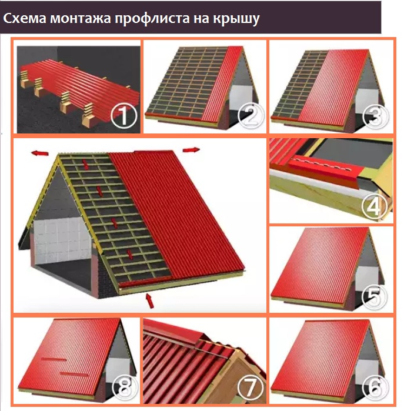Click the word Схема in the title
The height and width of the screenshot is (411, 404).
(x=25, y=18)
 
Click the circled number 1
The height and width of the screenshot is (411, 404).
(x=123, y=116)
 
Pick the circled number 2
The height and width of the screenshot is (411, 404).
(x=251, y=116)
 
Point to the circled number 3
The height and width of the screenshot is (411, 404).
(x=376, y=116)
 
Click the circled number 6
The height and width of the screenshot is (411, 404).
(x=375, y=389)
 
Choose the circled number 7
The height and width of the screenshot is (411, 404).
(x=250, y=389)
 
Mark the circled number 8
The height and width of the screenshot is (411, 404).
(x=125, y=389)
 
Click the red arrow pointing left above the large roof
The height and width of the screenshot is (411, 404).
(x=39, y=153)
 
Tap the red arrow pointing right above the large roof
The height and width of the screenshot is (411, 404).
(x=191, y=150)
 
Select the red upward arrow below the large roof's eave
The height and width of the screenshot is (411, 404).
(x=150, y=301)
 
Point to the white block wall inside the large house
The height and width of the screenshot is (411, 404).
(x=63, y=240)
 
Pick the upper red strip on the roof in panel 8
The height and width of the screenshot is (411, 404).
(x=54, y=359)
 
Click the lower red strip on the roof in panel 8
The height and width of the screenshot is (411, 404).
(x=74, y=373)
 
